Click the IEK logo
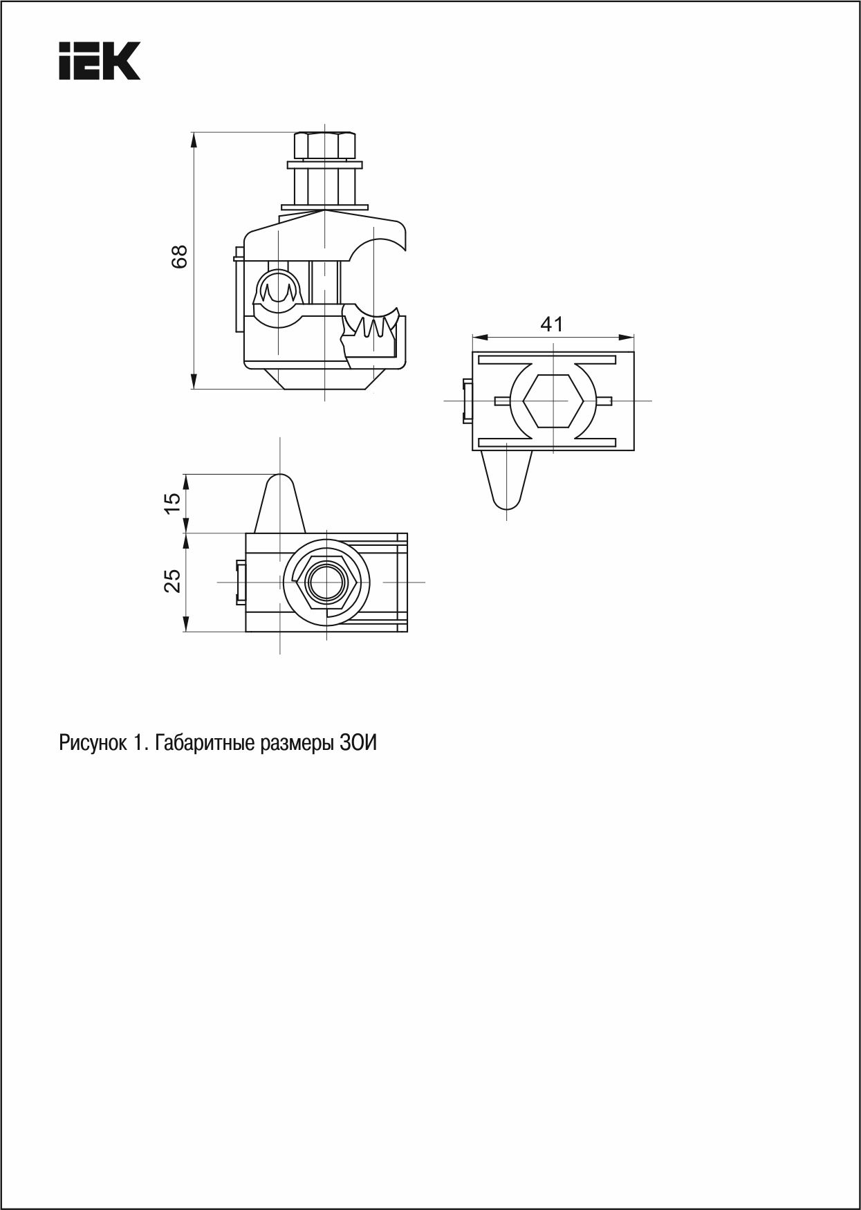click(x=100, y=60)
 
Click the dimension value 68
click(x=179, y=257)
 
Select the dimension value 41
click(x=552, y=324)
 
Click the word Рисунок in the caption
click(x=93, y=744)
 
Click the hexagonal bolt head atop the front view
click(x=322, y=145)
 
